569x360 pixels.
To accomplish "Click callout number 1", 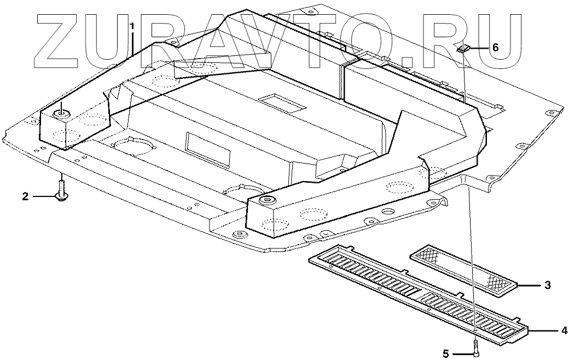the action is click(x=132, y=26).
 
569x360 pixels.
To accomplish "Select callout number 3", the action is click(x=547, y=286).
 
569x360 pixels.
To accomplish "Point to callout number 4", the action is click(x=563, y=330).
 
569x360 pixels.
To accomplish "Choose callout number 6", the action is click(x=495, y=47).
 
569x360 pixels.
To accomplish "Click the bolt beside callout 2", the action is click(x=62, y=191).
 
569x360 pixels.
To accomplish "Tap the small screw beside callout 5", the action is click(x=475, y=346).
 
